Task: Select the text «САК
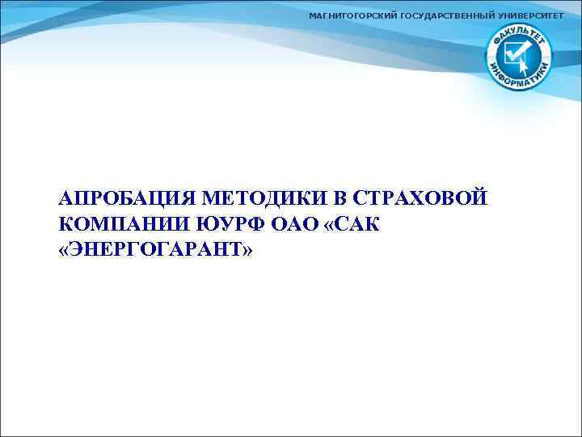tap(354, 224)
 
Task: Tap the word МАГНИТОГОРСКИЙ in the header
tap(353, 16)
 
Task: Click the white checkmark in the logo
tap(513, 54)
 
